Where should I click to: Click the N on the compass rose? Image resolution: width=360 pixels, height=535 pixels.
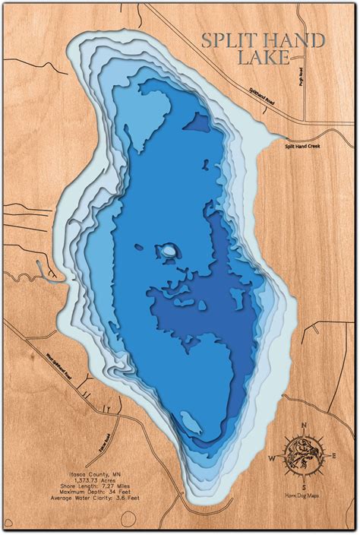click(304, 425)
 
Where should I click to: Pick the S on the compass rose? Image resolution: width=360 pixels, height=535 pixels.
click(303, 487)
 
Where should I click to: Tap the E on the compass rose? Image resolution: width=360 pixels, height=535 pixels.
click(335, 456)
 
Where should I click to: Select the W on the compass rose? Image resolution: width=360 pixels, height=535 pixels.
click(271, 458)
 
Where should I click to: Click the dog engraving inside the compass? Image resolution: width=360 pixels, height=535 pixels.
click(303, 456)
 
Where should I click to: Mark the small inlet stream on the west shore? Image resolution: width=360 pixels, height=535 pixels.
click(46, 280)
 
